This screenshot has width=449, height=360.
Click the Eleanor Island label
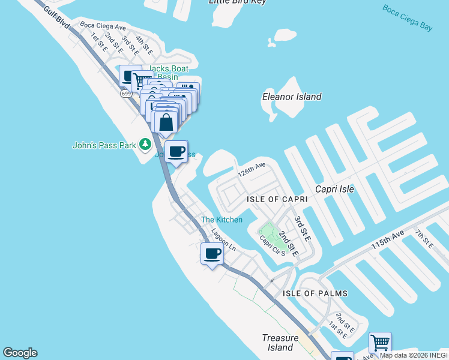point(292,97)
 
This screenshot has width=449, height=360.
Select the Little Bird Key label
point(237,2)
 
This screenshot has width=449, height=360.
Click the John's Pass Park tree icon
point(145,145)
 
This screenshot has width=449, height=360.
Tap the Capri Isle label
point(334,189)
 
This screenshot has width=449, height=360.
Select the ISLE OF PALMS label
point(315,293)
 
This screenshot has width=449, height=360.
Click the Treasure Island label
point(280,343)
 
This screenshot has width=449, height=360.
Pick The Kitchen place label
point(221,220)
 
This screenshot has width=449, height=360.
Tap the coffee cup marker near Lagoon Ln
point(212,254)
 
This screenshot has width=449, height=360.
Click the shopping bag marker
point(166,122)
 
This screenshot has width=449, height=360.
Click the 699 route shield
point(125,94)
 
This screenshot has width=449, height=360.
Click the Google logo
point(20,353)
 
